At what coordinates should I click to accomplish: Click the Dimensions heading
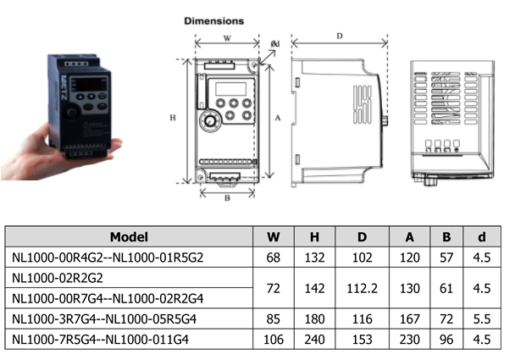tap(214, 19)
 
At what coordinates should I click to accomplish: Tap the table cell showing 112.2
tap(362, 288)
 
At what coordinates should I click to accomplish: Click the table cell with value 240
tap(314, 341)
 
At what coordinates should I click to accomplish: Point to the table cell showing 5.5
tap(482, 320)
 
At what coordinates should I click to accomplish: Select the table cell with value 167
tap(409, 320)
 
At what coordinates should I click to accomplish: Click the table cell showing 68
tap(274, 258)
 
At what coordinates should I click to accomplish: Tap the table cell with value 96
tap(446, 341)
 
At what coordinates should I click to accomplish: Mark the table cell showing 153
tap(362, 341)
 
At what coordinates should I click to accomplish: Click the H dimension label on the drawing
tap(173, 119)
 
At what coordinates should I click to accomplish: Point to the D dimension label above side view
tap(339, 36)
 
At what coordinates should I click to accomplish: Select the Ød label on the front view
tap(274, 43)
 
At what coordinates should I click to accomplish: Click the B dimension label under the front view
tap(226, 199)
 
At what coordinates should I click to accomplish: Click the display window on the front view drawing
tap(229, 87)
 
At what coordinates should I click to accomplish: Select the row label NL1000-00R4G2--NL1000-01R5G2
tap(108, 258)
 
